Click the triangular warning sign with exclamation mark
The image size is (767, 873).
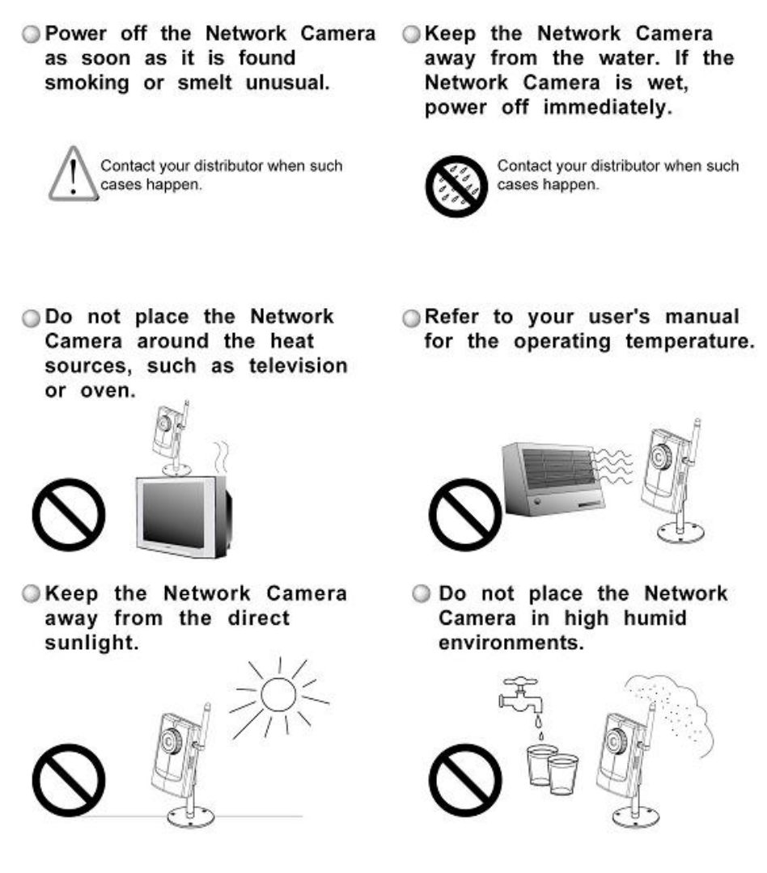[73, 174]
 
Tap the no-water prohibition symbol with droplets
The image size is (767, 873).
[456, 186]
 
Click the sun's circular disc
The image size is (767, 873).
[278, 694]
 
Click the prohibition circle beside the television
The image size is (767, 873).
[69, 514]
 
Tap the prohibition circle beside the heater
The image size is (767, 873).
[465, 514]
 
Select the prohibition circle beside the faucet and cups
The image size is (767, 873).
[465, 780]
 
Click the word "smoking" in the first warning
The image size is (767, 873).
[87, 83]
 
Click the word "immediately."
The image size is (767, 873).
[608, 108]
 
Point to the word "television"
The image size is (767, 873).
[299, 366]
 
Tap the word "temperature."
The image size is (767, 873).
[690, 341]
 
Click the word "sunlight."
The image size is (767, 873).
[91, 643]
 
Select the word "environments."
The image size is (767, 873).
[511, 643]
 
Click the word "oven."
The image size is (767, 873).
[108, 391]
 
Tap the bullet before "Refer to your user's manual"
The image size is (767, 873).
[411, 318]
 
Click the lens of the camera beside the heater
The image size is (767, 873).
[661, 458]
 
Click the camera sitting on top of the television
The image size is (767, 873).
[172, 437]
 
